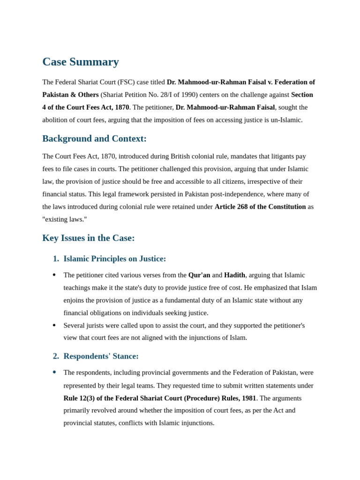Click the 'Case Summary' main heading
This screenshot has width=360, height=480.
point(81,62)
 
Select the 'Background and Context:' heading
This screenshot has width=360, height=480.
point(94,139)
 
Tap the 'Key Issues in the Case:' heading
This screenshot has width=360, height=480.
point(89,238)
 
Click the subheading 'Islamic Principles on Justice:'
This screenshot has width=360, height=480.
point(114,259)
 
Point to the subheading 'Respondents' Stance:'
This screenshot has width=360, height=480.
point(101,356)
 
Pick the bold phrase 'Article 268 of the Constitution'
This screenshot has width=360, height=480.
point(260,207)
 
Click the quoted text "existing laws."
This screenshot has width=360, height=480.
point(65,219)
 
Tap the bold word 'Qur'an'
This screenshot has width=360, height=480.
point(199,275)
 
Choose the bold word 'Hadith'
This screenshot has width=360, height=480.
point(234,275)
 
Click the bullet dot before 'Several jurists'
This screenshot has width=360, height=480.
point(54,325)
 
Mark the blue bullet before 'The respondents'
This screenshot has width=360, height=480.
point(54,372)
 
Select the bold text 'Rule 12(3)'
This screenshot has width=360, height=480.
point(80,398)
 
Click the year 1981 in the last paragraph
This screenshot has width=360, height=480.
point(248,398)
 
